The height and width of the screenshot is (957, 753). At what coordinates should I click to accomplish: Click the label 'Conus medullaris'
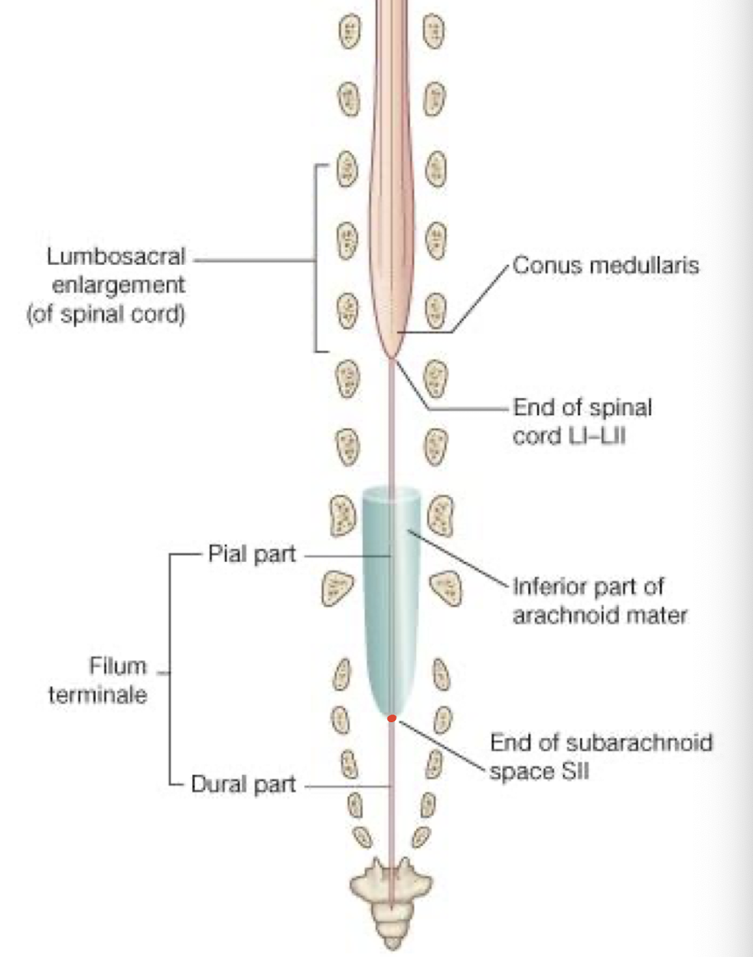(605, 266)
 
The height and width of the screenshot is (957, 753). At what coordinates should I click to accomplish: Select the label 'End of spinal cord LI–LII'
(582, 421)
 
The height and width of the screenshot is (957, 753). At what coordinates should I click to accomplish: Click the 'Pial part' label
(252, 554)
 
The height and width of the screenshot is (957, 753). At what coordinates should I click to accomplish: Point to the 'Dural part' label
(243, 784)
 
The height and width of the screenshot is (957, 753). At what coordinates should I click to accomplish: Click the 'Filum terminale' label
(98, 680)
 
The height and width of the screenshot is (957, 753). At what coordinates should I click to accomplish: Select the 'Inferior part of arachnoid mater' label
(599, 601)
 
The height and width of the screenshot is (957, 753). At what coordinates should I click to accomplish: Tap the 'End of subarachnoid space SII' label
(601, 756)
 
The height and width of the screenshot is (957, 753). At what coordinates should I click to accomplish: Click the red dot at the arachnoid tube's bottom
(391, 718)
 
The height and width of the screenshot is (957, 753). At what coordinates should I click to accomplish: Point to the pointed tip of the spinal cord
(392, 356)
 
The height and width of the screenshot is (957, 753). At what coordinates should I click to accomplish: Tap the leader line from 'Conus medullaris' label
(474, 299)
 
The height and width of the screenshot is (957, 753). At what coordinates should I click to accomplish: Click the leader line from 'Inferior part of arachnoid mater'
(459, 559)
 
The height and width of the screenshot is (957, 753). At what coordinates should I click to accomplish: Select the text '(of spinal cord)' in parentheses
(106, 315)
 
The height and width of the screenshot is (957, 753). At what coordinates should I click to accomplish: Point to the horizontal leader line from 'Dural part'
(348, 786)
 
